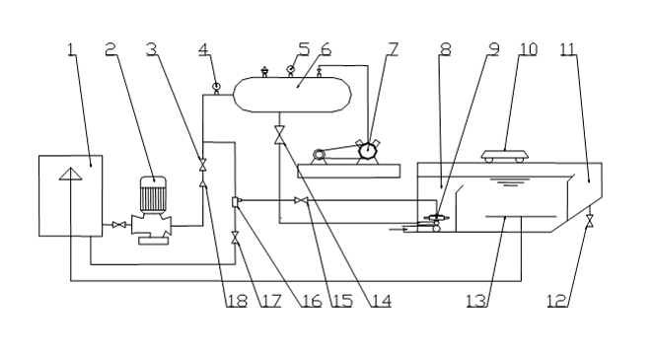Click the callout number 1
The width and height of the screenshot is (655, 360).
tap(72, 49)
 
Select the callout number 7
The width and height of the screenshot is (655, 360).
tap(393, 49)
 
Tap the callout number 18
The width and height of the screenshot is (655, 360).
tap(237, 301)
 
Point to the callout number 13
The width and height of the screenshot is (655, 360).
tap(476, 301)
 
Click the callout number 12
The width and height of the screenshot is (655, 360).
tap(557, 301)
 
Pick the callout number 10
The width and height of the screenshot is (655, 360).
tap(528, 49)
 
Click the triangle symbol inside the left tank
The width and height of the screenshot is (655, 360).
tap(71, 174)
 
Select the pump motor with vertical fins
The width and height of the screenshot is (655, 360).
tap(153, 194)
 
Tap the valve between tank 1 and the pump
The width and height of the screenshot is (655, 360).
tap(120, 226)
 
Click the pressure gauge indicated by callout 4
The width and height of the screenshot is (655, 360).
tap(216, 87)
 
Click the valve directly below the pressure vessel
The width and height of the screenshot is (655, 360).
tap(279, 134)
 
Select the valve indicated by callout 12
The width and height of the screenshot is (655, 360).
tap(590, 221)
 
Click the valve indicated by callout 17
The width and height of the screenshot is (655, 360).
tap(235, 238)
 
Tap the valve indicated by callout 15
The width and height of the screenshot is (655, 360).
tap(301, 201)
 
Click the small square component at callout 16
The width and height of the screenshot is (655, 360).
tap(235, 201)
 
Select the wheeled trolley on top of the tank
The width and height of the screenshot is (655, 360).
tap(505, 157)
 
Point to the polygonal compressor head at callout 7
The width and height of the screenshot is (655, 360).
tap(368, 150)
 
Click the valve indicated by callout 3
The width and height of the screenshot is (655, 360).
tap(203, 165)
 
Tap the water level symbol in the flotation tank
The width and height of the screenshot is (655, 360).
tap(509, 181)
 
